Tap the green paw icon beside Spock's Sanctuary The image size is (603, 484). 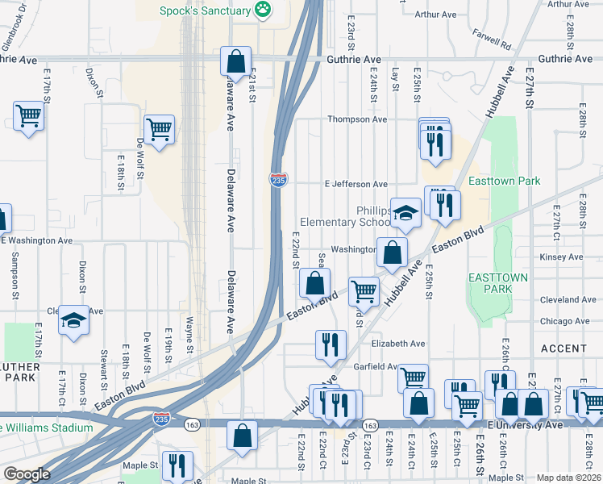point(262,10)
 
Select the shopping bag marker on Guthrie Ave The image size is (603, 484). point(235,60)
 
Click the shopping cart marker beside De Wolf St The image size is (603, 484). point(159,128)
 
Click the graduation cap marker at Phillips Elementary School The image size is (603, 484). point(406,213)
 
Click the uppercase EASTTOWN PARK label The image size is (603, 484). point(499,282)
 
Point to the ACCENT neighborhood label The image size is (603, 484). point(563,348)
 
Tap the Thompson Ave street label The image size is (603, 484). point(356,119)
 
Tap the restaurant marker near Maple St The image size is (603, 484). point(176,465)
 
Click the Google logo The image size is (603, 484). point(26,474)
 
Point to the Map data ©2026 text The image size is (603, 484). point(568,478)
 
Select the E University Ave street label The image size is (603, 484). point(523,424)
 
